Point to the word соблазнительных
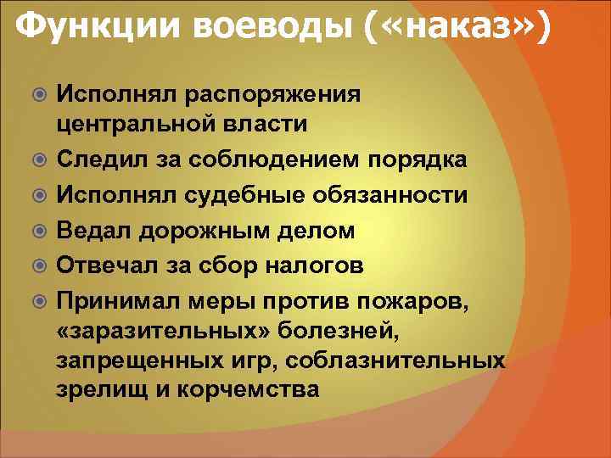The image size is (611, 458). click(395, 360)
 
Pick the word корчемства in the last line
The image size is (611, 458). click(246, 390)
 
